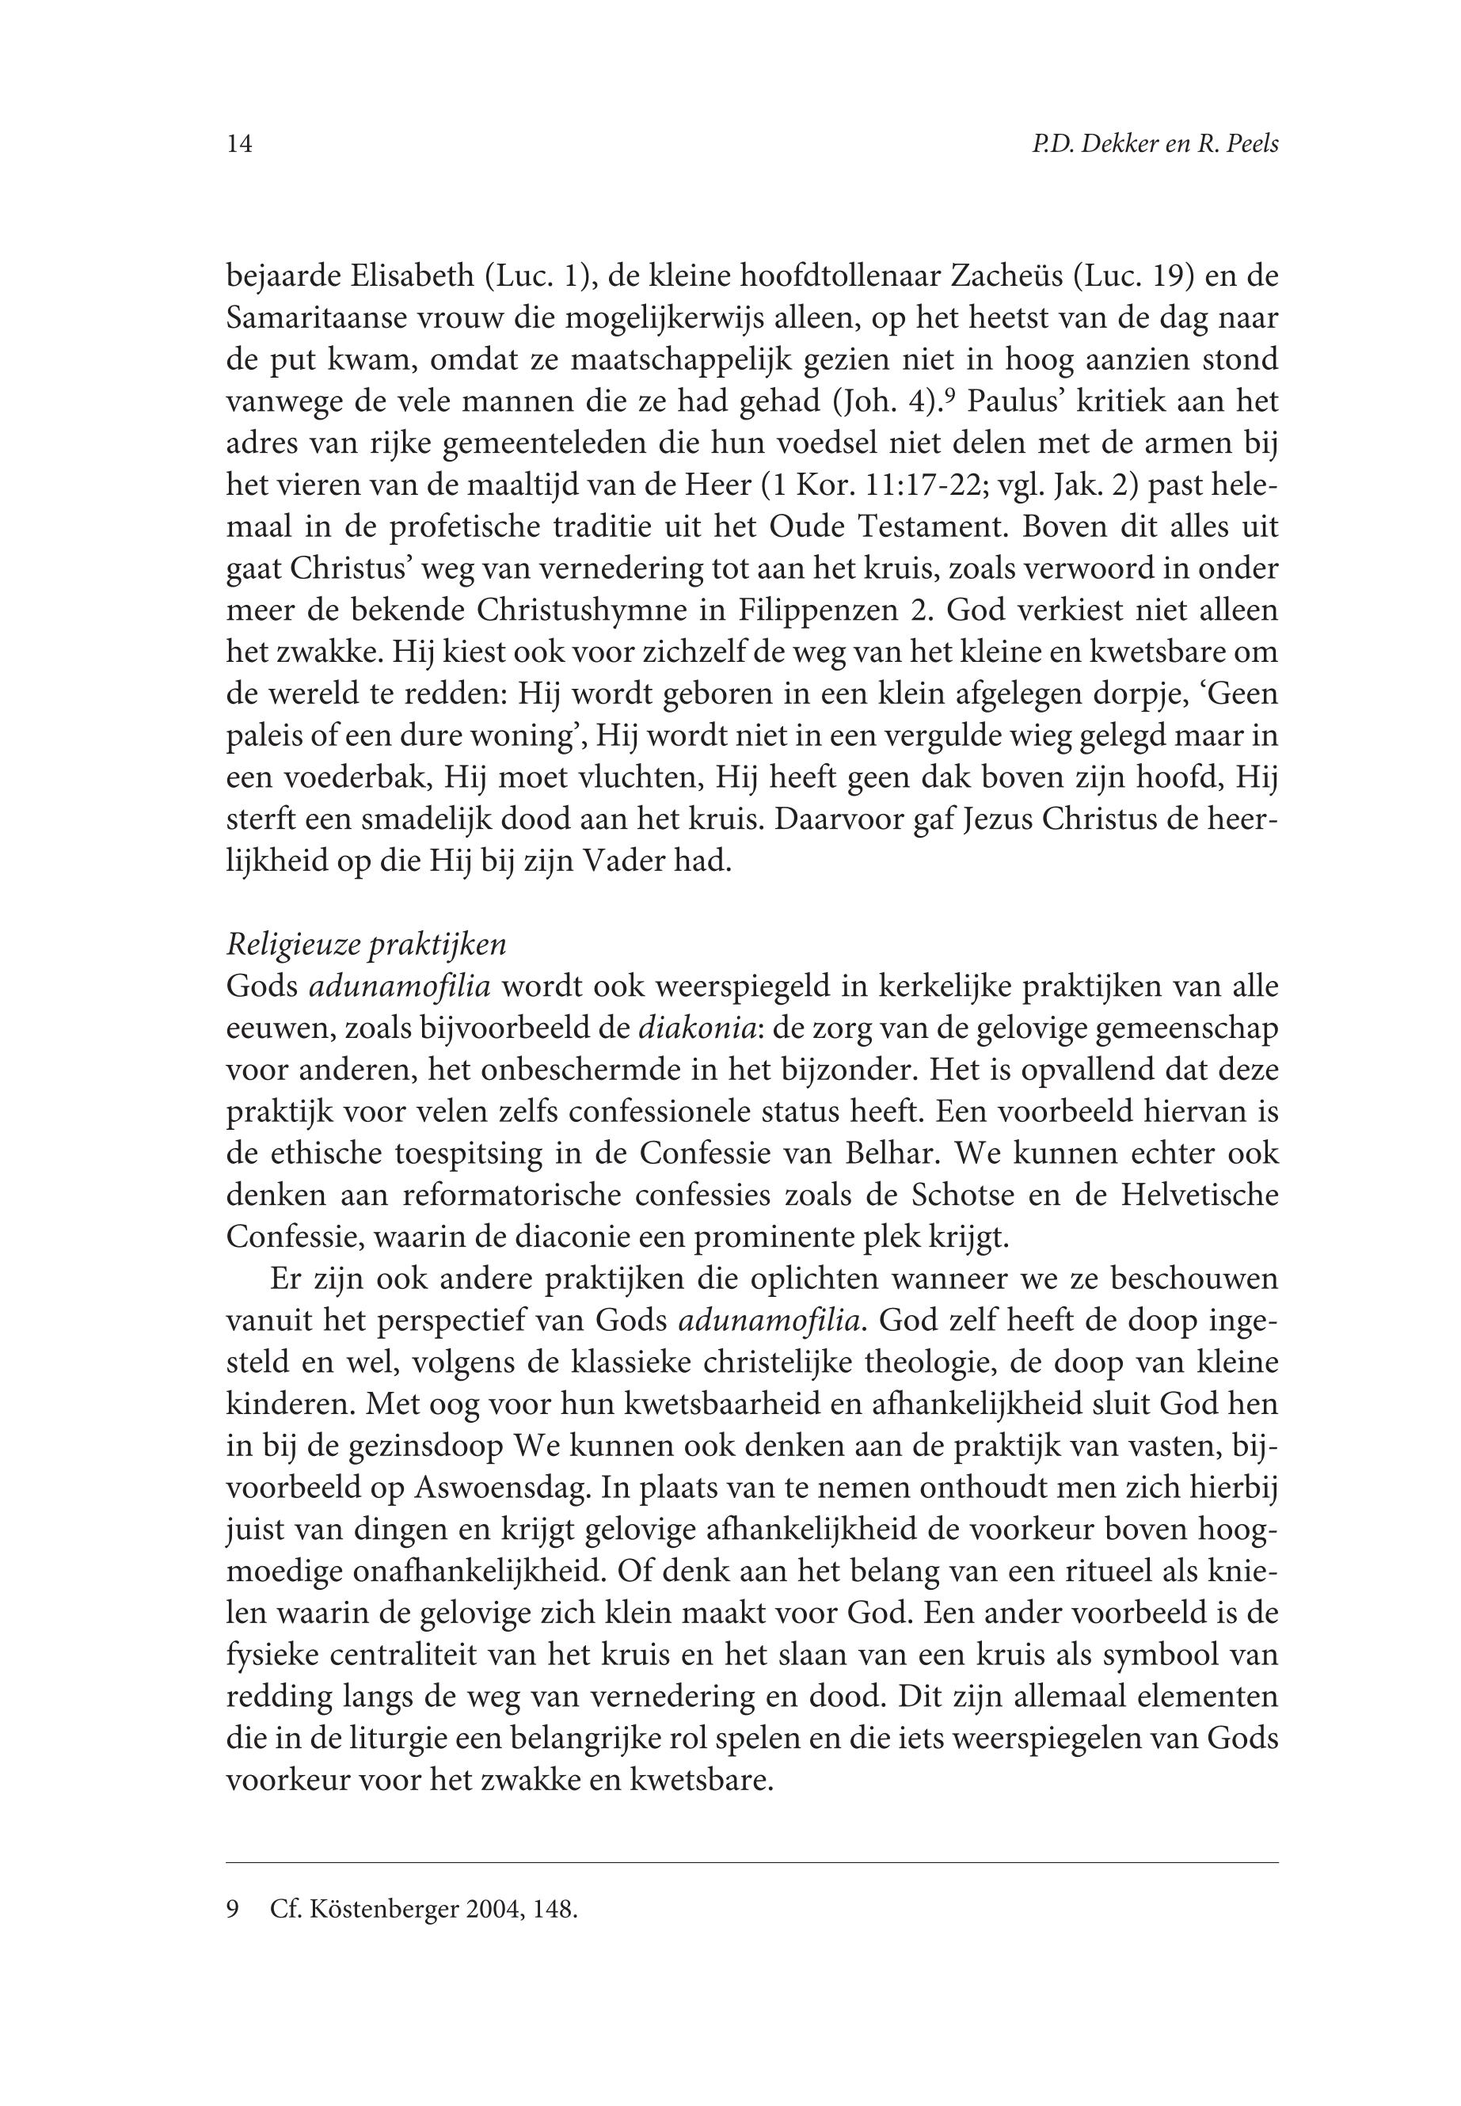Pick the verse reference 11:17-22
click(x=927, y=485)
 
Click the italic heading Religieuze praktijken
click(x=366, y=945)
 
